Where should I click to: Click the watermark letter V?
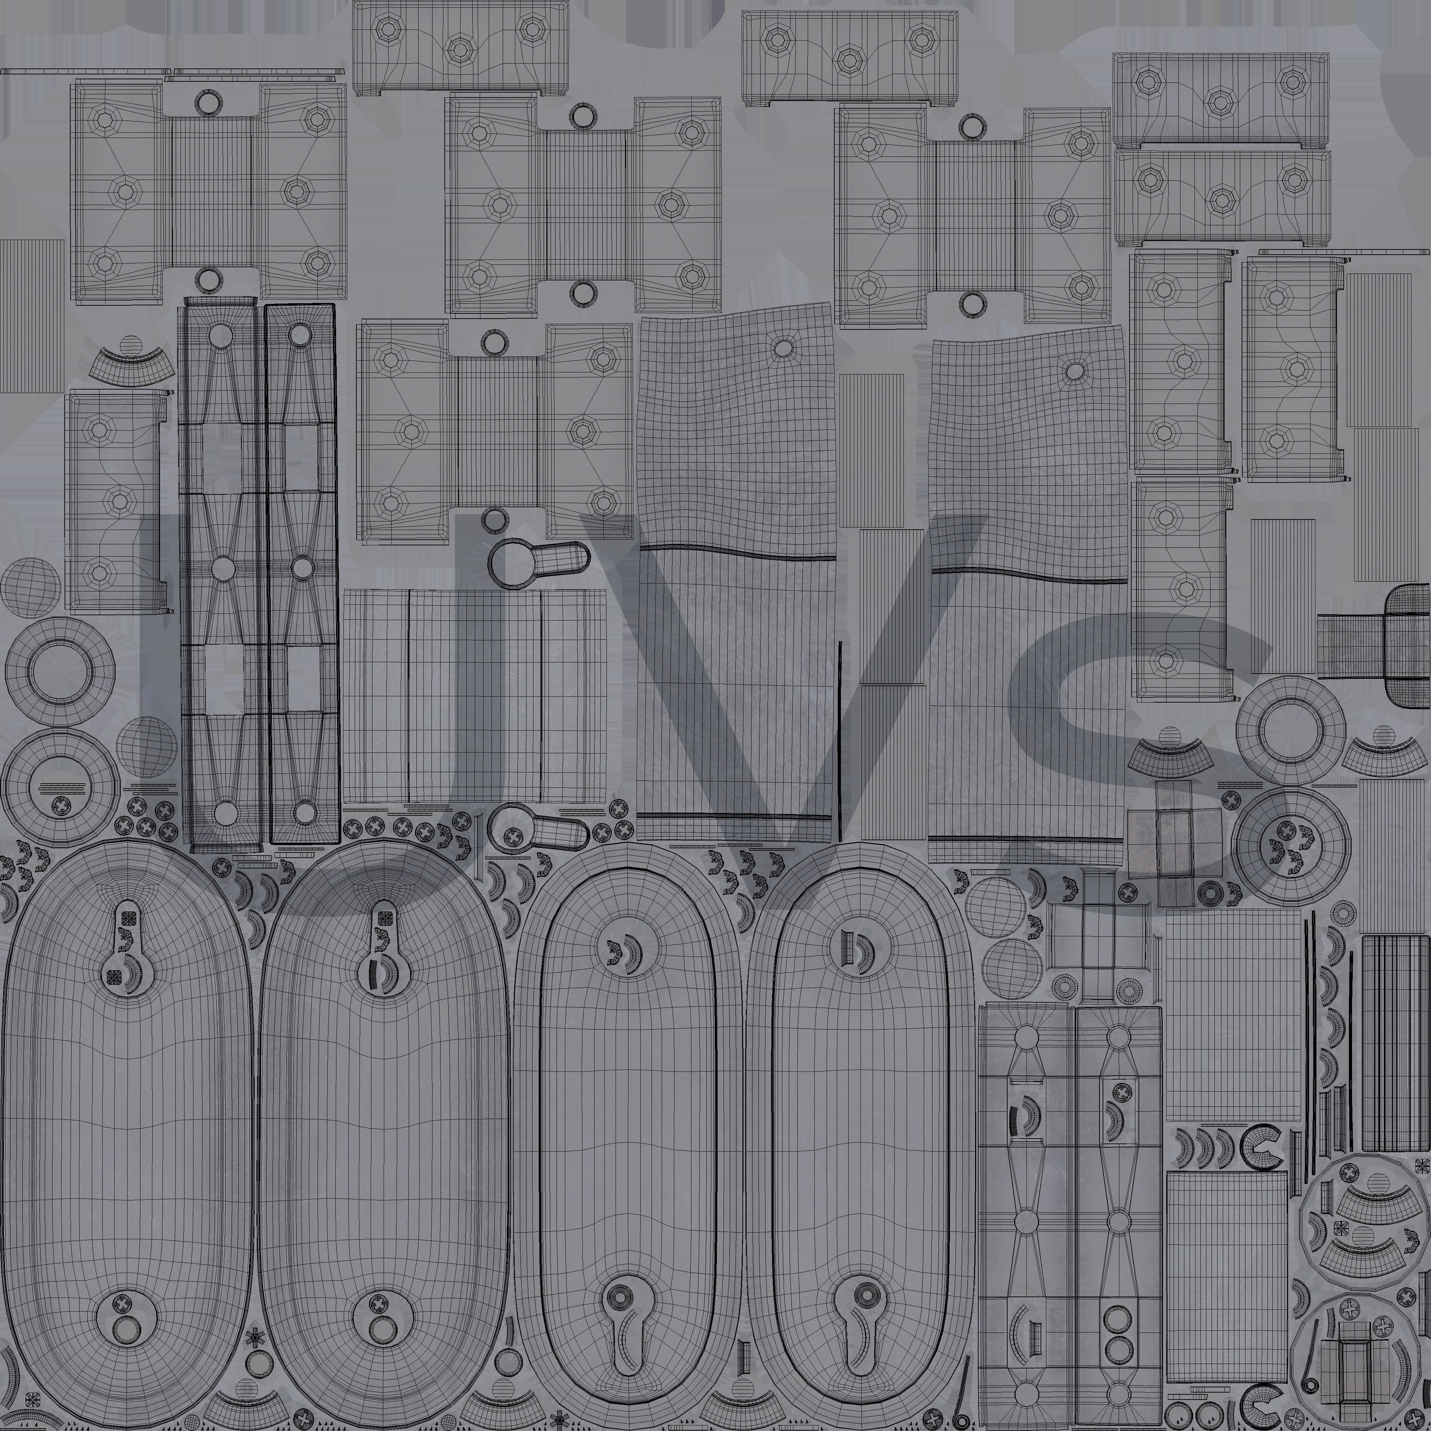[x=741, y=667]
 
